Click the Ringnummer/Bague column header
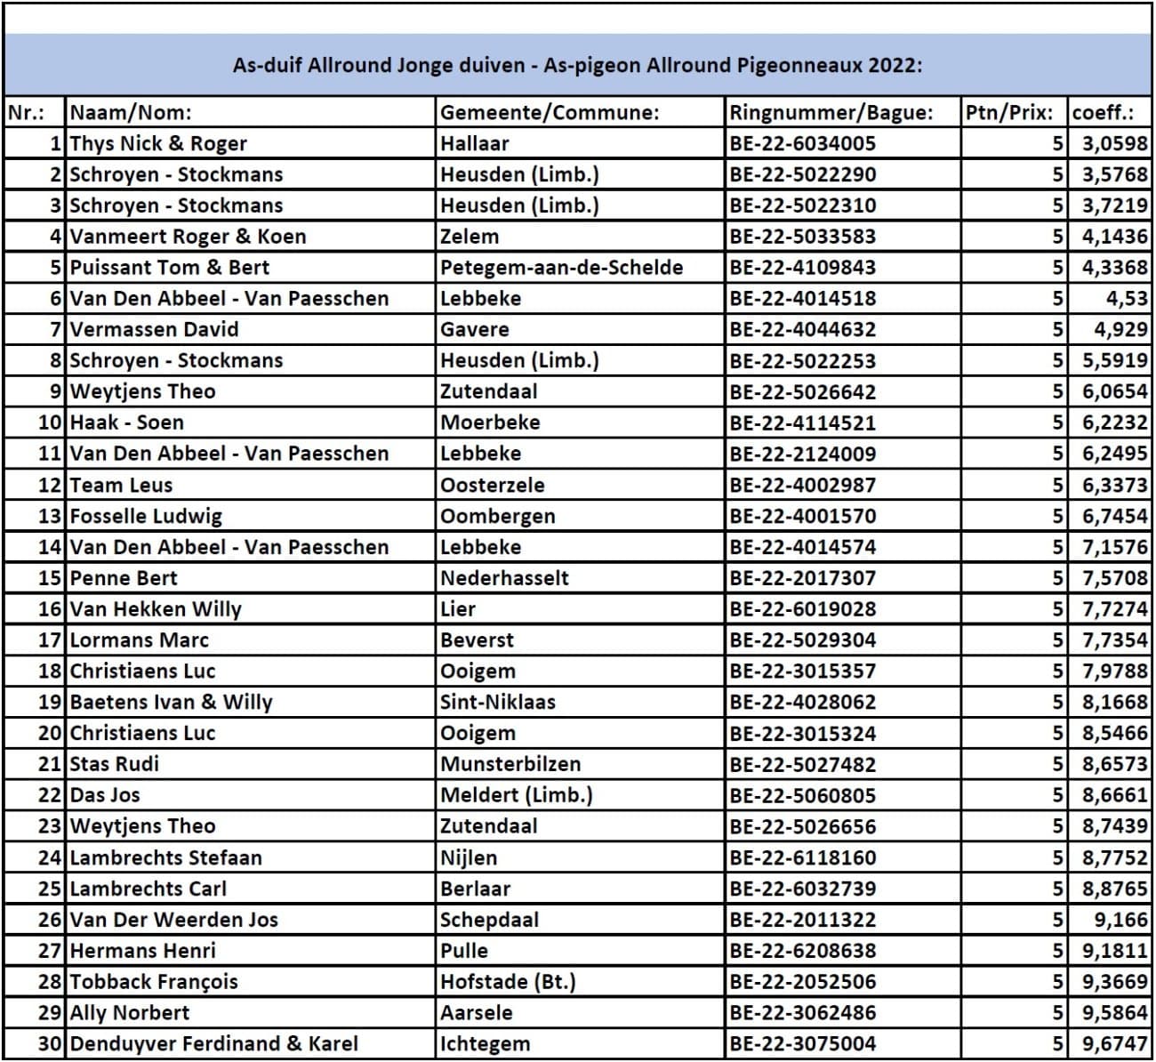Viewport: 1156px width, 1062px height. (831, 113)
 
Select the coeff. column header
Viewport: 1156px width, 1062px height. (1103, 113)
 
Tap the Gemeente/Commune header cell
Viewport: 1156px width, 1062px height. (550, 113)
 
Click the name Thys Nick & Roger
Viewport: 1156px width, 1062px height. (158, 143)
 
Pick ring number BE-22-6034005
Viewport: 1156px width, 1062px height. (802, 143)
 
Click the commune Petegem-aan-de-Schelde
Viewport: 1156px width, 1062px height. (561, 267)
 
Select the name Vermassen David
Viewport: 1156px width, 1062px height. (154, 329)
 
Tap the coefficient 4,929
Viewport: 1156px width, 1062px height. (1120, 329)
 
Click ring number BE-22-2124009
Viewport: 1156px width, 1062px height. (802, 454)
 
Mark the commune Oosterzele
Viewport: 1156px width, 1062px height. (492, 485)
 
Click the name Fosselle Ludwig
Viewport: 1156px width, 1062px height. (146, 516)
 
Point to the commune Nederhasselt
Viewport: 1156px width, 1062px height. (504, 578)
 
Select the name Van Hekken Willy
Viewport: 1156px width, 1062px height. (156, 609)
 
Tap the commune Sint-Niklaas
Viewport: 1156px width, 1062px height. (497, 702)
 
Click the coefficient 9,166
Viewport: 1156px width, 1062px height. (1120, 920)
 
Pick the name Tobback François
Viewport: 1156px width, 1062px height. (154, 982)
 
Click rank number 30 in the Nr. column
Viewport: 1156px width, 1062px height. (51, 1043)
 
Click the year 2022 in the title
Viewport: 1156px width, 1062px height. (895, 65)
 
